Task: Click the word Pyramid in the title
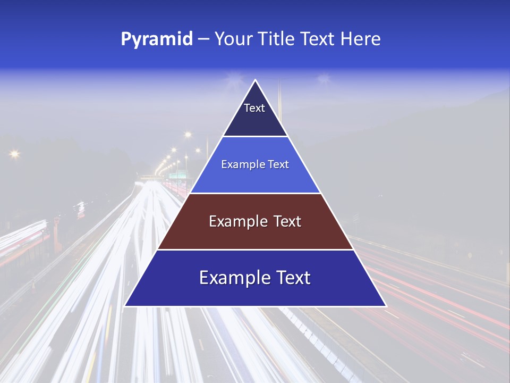pos(157,39)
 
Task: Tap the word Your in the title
pos(233,39)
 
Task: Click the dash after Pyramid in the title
pos(203,39)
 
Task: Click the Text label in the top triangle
pos(254,108)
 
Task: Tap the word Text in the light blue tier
pos(279,164)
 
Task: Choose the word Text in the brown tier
pos(287,221)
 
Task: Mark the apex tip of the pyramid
pos(256,80)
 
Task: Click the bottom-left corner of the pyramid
pos(125,306)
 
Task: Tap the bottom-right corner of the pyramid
pos(386,306)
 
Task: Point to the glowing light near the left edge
pos(14,154)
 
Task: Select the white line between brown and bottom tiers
pos(255,249)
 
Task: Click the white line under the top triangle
pos(255,137)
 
